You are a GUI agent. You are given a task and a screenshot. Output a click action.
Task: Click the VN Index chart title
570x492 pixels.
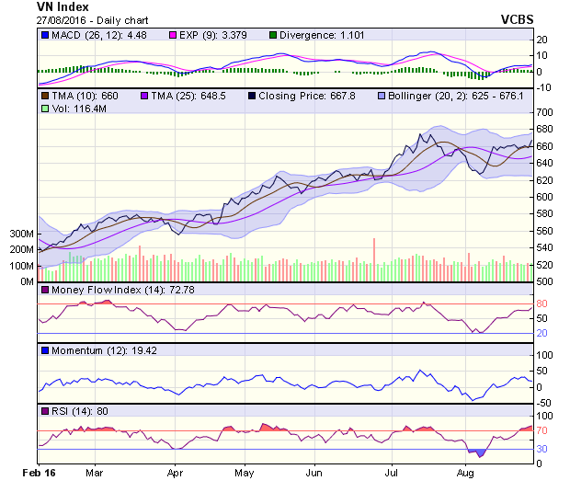37,6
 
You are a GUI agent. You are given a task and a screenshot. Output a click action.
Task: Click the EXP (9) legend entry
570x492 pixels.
219,36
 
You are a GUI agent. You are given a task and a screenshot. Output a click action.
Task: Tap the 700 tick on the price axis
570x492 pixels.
546,112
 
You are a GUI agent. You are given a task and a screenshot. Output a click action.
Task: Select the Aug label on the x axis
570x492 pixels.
465,473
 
